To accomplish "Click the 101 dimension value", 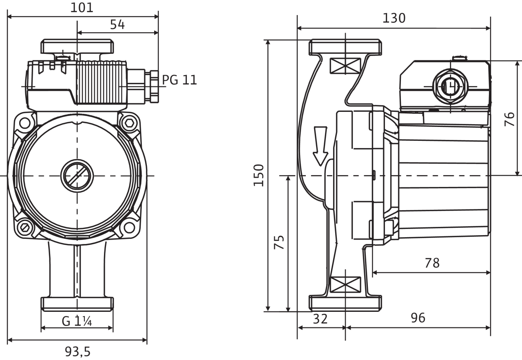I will coord(82,7).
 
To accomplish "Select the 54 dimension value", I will coord(117,24).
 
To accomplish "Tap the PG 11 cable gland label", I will coord(179,79).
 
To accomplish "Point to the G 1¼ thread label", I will coord(77,322).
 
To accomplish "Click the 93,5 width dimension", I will coord(77,351).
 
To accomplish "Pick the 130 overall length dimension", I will coord(394,18).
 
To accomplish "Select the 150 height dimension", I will coord(259,175).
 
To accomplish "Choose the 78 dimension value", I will coord(432,263).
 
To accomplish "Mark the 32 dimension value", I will coord(320,318).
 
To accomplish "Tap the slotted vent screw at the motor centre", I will coord(76,176).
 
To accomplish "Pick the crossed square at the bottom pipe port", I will coord(345,284).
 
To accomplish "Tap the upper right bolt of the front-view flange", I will coord(130,122).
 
